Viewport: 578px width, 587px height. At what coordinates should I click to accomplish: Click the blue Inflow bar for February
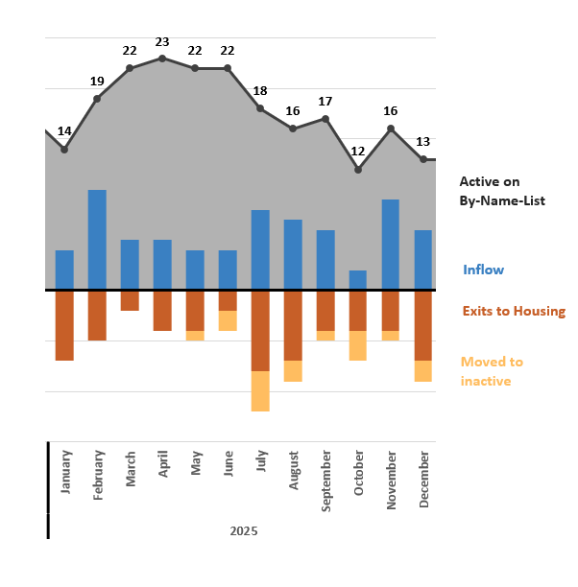tap(97, 240)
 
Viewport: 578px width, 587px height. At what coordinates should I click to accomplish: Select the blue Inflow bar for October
tap(358, 280)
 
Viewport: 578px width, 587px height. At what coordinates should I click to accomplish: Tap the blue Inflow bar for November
tap(391, 245)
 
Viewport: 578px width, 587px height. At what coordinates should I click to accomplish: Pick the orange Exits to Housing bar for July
tap(260, 330)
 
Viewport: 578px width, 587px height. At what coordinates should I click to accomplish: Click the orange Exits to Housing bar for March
tap(130, 300)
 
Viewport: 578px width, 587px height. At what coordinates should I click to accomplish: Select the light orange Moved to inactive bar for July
tap(260, 390)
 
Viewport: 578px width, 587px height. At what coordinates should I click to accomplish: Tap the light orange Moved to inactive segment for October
tap(358, 345)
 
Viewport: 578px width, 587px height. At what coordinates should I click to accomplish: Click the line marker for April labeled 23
tap(162, 59)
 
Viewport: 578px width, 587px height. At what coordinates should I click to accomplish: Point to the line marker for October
tap(358, 170)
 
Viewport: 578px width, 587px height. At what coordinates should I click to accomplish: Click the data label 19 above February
tap(97, 82)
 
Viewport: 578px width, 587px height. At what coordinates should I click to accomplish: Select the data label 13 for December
tap(422, 142)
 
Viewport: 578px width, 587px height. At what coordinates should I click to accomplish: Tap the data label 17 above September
tap(325, 102)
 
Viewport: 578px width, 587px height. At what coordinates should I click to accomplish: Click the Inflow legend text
tap(483, 270)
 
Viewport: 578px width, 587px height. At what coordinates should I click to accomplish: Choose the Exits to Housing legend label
tap(514, 311)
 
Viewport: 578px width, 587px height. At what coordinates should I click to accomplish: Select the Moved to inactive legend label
tap(492, 371)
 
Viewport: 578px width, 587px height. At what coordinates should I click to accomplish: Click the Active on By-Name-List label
tap(501, 191)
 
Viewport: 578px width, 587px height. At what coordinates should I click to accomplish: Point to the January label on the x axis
tap(65, 471)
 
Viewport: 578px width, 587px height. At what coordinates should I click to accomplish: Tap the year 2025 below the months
tap(244, 530)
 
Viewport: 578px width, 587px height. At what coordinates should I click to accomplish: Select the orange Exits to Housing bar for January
tap(64, 325)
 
